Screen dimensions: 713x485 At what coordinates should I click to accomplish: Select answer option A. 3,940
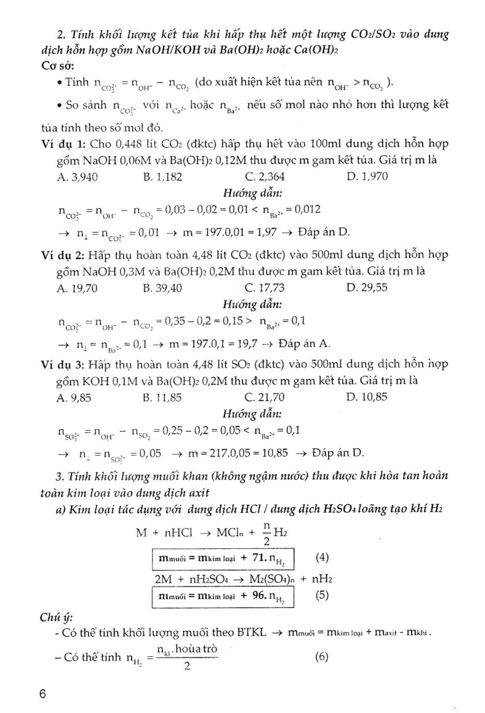pos(77,177)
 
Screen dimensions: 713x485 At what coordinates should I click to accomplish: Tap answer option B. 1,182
pos(162,177)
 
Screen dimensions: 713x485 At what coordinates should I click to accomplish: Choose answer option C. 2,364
pos(265,177)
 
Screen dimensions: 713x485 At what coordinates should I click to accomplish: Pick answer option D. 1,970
pos(367,177)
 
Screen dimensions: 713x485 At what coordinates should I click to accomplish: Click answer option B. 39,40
pos(162,288)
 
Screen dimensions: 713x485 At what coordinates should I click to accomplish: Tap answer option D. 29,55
pos(367,288)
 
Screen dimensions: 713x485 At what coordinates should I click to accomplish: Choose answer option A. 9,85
pos(74,397)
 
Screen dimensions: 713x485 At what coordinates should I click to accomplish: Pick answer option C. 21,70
pos(265,397)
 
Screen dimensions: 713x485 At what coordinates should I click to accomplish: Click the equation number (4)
pos(322,557)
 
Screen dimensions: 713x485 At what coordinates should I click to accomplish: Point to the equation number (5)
pos(322,595)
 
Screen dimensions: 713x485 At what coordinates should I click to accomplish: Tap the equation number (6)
pos(322,656)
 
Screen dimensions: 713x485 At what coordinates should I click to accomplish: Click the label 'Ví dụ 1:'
pos(64,144)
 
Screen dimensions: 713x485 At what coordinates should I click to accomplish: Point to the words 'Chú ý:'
pos(56,617)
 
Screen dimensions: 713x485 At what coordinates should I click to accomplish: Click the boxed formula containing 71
pos(223,559)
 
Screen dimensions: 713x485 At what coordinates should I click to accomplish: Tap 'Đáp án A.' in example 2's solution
pos(304,344)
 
